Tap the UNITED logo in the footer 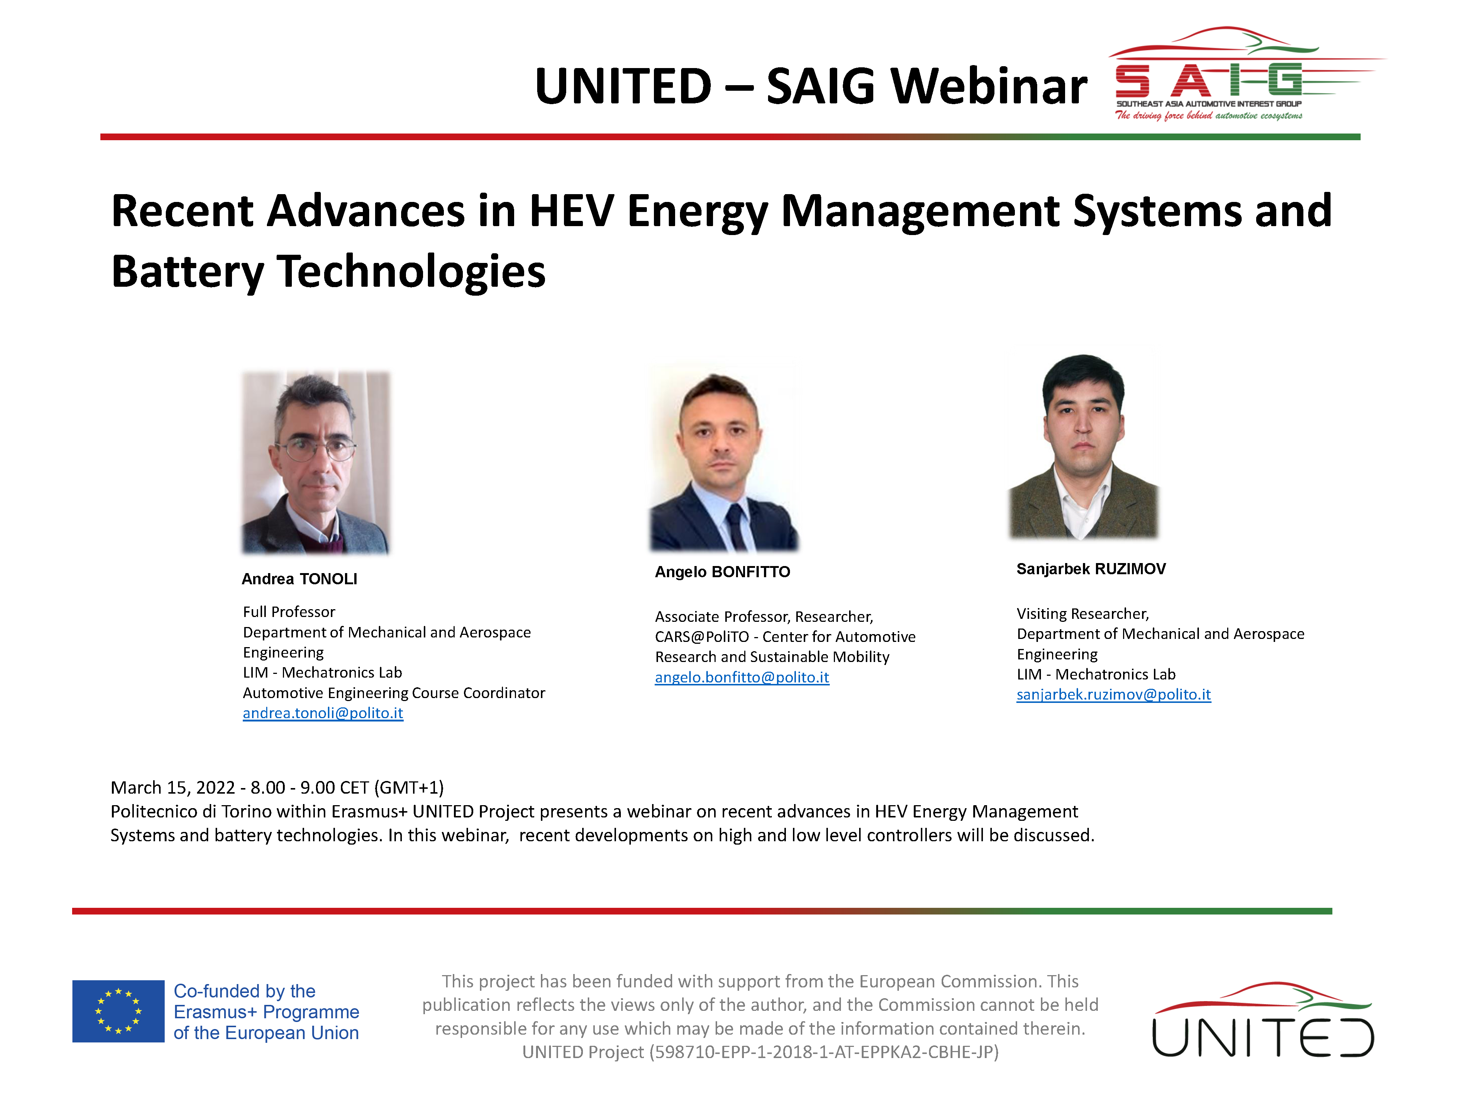1263,1021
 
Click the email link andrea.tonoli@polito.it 323,713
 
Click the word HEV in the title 572,211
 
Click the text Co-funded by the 244,991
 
